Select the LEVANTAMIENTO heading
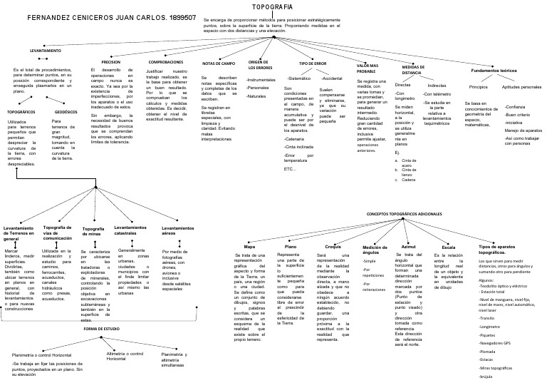(45, 52)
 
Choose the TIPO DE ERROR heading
(313, 64)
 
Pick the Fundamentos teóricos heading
(498, 70)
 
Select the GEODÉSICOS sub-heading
(66, 113)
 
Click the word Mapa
(249, 247)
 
